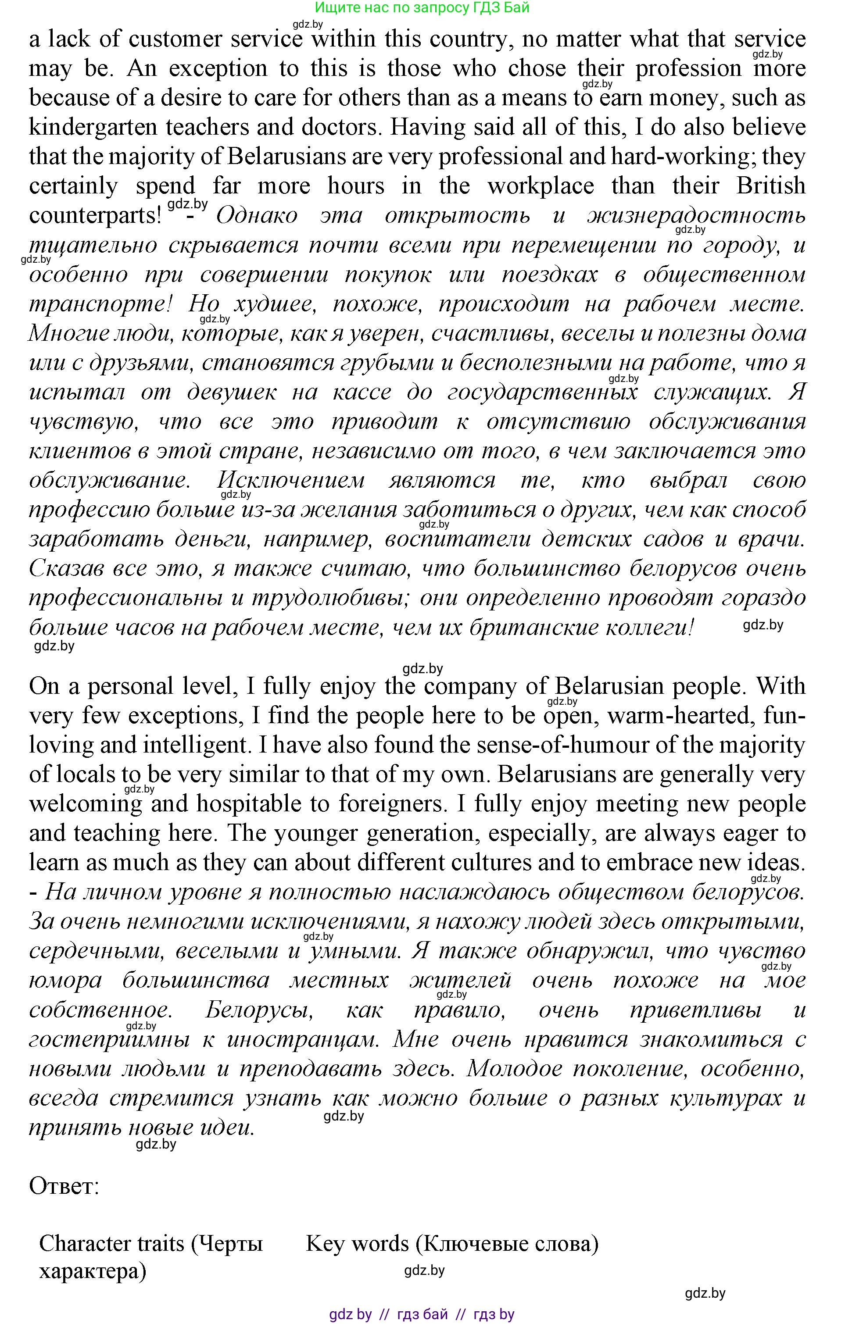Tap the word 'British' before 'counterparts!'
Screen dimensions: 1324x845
(770, 186)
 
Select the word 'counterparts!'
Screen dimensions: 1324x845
(95, 215)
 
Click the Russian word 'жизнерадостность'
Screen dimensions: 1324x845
(696, 215)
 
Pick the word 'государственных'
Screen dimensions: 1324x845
(542, 393)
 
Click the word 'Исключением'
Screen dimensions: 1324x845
(291, 481)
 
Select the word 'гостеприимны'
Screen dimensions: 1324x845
(110, 1039)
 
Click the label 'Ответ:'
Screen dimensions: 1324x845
(64, 1187)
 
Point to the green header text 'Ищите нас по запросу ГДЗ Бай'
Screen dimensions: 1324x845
(422, 8)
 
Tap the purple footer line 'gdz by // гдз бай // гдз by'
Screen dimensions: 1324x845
(422, 1315)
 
